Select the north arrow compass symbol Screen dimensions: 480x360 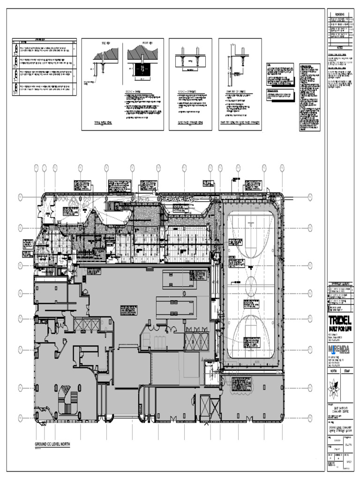333,387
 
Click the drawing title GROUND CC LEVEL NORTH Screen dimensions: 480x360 52,444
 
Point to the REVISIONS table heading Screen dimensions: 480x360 339,14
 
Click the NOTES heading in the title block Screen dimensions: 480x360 339,47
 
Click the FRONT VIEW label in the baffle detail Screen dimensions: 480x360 142,43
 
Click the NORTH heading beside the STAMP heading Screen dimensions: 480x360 333,370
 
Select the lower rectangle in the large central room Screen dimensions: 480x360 176,307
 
